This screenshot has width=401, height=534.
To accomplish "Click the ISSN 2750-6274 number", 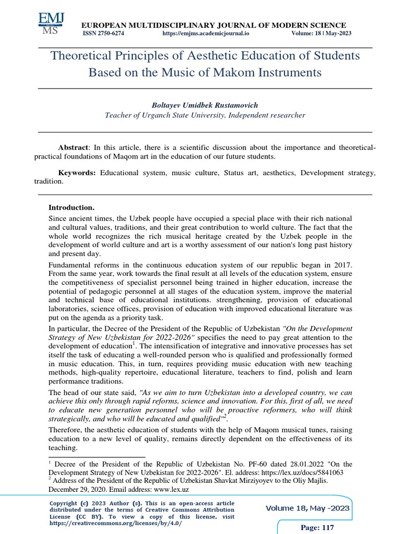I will [103, 33].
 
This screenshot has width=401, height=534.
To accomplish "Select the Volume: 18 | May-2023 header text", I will [321, 33].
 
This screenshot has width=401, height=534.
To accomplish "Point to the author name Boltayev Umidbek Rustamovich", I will [205, 105].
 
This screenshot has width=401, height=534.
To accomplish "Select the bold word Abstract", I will [74, 148].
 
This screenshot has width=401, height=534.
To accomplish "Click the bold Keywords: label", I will [77, 172].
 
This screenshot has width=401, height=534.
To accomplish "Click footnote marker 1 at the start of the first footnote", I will [50, 462].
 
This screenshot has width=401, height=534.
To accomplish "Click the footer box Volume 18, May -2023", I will [308, 508].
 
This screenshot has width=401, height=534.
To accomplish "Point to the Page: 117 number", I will [317, 528].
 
